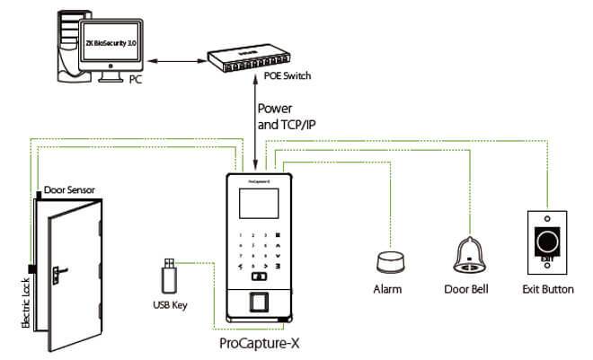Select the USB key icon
[168, 275]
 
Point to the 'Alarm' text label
[387, 289]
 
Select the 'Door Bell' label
[466, 289]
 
